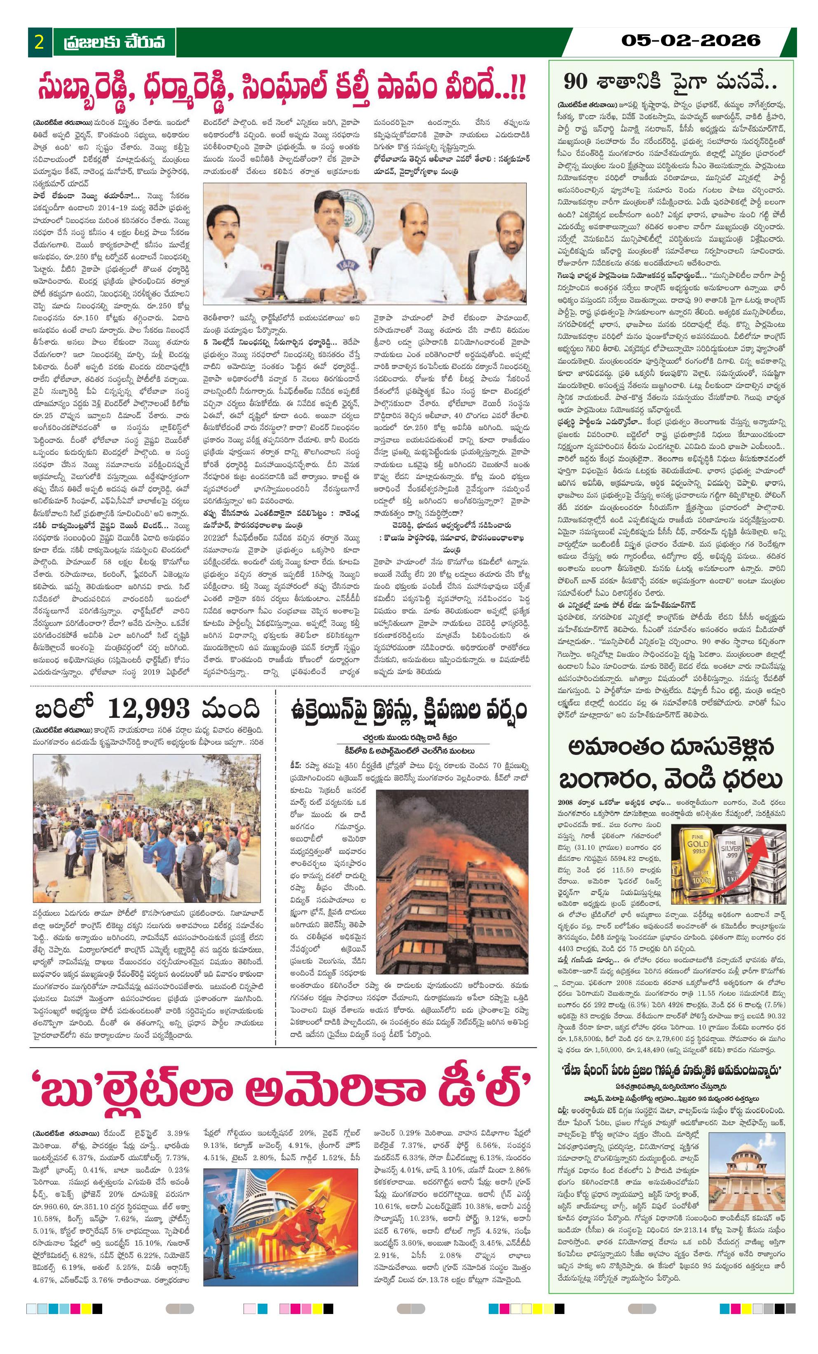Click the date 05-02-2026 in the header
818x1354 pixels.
tap(691, 40)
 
